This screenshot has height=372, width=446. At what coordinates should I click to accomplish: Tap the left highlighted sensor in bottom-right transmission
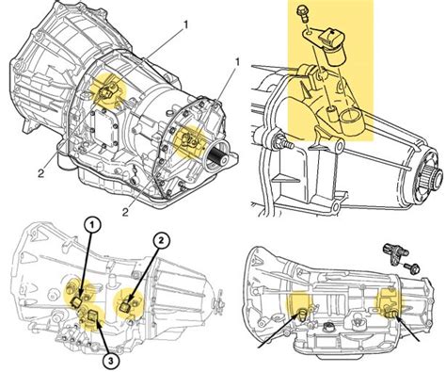click(302, 313)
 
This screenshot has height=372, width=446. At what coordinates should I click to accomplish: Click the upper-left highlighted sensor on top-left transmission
click(108, 90)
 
